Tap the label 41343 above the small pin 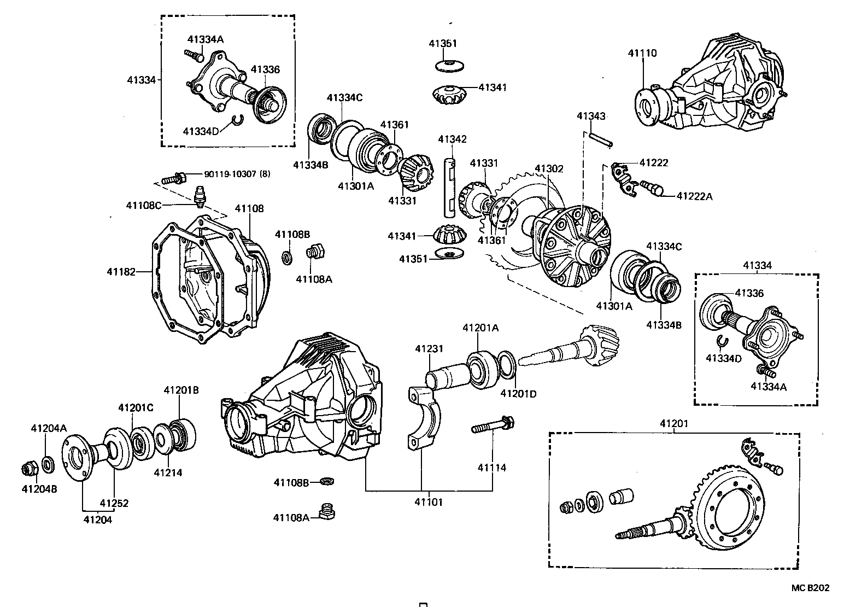[x=591, y=116]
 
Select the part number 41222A [x=694, y=196]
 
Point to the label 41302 [x=548, y=169]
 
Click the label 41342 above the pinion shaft [x=452, y=139]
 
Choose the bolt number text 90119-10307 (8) [x=237, y=174]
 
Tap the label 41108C [x=144, y=205]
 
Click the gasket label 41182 [x=120, y=271]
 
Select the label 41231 [x=429, y=348]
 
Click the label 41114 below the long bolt [x=492, y=468]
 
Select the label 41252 [x=114, y=503]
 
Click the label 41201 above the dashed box [x=674, y=423]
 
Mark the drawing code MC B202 [x=810, y=588]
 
